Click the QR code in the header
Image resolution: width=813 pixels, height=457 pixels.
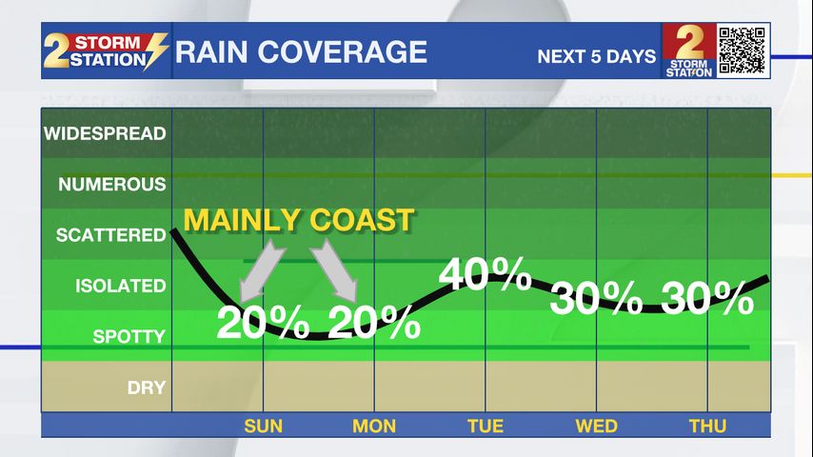(x=742, y=50)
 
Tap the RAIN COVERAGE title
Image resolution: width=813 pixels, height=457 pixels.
(x=301, y=51)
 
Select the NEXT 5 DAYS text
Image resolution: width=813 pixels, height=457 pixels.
(x=596, y=56)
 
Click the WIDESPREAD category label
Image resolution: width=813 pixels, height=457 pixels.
(x=105, y=133)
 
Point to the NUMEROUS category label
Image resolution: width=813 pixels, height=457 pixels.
(x=111, y=184)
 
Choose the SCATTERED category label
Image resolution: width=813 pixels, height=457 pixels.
(x=110, y=235)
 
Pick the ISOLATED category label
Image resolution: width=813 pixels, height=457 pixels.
(x=120, y=286)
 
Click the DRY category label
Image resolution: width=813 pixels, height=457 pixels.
(x=147, y=387)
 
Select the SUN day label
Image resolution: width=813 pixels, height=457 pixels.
(x=264, y=426)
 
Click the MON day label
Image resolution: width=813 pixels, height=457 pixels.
(x=374, y=426)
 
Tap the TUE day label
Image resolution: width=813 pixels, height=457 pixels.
(x=486, y=426)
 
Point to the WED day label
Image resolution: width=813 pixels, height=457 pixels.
(x=596, y=426)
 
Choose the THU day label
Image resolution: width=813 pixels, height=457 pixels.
(x=707, y=426)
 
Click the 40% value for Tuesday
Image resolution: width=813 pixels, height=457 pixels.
(x=485, y=274)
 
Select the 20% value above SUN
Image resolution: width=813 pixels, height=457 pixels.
(x=263, y=322)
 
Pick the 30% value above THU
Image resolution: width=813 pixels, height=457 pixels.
(x=707, y=299)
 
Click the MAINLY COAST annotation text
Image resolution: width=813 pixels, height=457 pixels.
(x=299, y=220)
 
